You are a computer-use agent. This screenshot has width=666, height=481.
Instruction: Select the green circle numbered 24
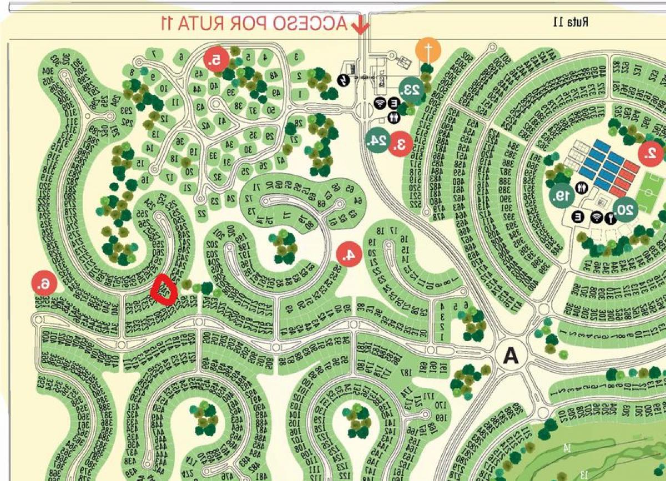click(x=377, y=140)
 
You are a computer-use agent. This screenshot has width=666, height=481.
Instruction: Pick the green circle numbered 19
click(x=562, y=195)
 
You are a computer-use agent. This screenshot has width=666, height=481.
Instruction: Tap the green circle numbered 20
click(x=625, y=209)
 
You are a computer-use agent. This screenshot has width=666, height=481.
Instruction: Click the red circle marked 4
click(x=349, y=254)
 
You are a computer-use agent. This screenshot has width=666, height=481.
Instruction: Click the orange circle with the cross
click(x=428, y=50)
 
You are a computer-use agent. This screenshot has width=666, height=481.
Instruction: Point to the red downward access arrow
click(x=361, y=25)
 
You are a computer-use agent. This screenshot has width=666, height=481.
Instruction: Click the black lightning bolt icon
click(x=345, y=80)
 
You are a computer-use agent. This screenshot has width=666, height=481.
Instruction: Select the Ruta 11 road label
click(x=571, y=22)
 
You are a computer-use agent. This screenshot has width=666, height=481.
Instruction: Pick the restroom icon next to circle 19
click(x=582, y=188)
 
